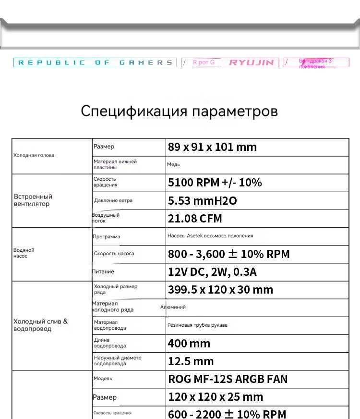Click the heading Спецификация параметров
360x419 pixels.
[179, 111]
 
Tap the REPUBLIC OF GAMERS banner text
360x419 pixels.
[95, 62]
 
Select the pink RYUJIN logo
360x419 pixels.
[251, 62]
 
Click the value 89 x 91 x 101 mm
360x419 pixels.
[212, 147]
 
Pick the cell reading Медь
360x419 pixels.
[174, 165]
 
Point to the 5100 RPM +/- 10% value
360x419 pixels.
[215, 183]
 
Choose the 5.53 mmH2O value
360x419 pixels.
[202, 201]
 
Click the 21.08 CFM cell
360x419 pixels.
[195, 219]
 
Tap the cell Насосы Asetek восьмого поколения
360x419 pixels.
[210, 236]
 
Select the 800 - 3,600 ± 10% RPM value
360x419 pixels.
[228, 254]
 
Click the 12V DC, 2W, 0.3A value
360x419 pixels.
[212, 272]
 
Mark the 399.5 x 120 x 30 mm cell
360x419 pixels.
[220, 290]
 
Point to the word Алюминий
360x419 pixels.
[173, 307]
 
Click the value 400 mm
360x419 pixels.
[189, 344]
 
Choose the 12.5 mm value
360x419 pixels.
[191, 361]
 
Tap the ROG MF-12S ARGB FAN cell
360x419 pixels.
[228, 379]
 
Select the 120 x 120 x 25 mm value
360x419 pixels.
[216, 397]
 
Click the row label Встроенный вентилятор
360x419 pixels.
[33, 200]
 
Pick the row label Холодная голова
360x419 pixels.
[34, 155]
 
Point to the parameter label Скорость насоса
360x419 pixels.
[114, 254]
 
